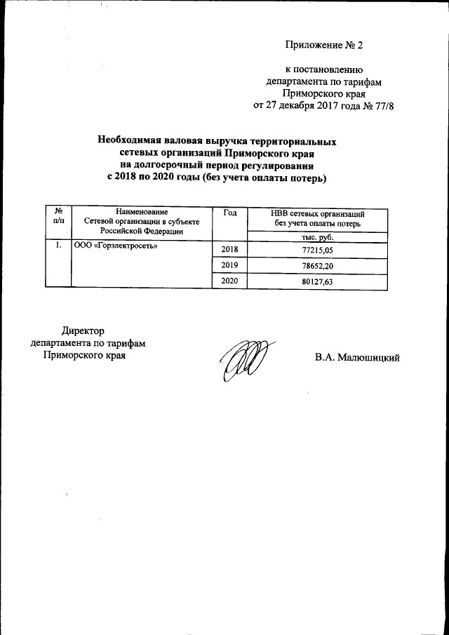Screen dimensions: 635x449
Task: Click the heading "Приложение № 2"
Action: (326, 46)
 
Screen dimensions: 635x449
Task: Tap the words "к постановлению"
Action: (323, 69)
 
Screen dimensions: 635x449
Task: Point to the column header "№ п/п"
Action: (58, 217)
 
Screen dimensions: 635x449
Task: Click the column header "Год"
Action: (229, 213)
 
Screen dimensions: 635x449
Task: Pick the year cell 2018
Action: (229, 250)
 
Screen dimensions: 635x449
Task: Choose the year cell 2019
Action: (229, 265)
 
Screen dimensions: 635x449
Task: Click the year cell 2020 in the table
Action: (229, 281)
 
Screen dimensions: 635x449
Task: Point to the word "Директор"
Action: (83, 330)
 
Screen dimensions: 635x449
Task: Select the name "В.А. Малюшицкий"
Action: (357, 357)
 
